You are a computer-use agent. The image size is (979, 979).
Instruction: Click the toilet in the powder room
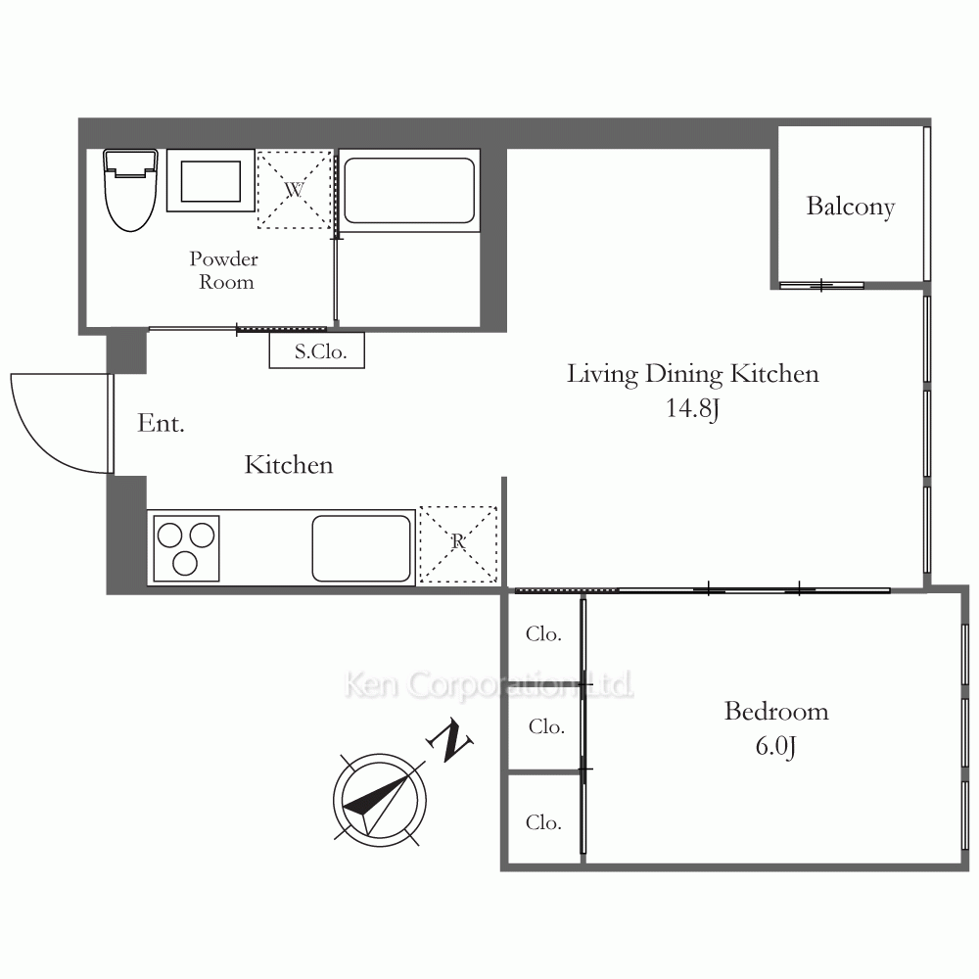click(x=130, y=190)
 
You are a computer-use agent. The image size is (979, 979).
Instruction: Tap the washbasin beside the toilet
click(x=211, y=180)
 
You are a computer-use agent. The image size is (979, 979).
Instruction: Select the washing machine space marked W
click(x=294, y=189)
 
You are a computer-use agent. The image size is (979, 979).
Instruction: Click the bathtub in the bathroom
click(x=409, y=191)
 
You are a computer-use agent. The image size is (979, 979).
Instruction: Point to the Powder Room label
click(x=224, y=270)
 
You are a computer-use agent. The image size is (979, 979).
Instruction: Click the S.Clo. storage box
click(x=317, y=350)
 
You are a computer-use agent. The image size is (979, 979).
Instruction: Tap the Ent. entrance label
click(x=161, y=423)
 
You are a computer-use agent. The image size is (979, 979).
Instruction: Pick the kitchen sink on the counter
click(x=361, y=548)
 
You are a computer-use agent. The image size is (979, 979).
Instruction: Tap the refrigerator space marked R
click(x=458, y=544)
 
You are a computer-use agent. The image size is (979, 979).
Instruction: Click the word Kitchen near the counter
click(x=289, y=465)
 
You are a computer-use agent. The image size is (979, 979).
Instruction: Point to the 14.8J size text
click(x=692, y=409)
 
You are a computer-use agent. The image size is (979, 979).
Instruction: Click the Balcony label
click(x=851, y=207)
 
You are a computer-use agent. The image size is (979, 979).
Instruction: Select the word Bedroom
click(x=776, y=712)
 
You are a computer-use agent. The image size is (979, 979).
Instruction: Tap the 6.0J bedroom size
click(x=776, y=747)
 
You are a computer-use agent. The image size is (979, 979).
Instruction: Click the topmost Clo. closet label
click(x=543, y=634)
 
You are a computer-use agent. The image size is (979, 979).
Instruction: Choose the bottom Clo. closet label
click(x=543, y=823)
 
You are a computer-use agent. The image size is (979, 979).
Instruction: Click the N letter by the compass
click(x=449, y=740)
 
